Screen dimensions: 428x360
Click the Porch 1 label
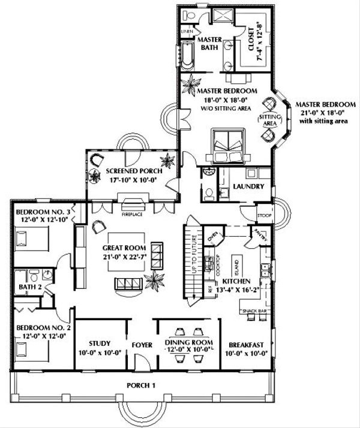point(142,384)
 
